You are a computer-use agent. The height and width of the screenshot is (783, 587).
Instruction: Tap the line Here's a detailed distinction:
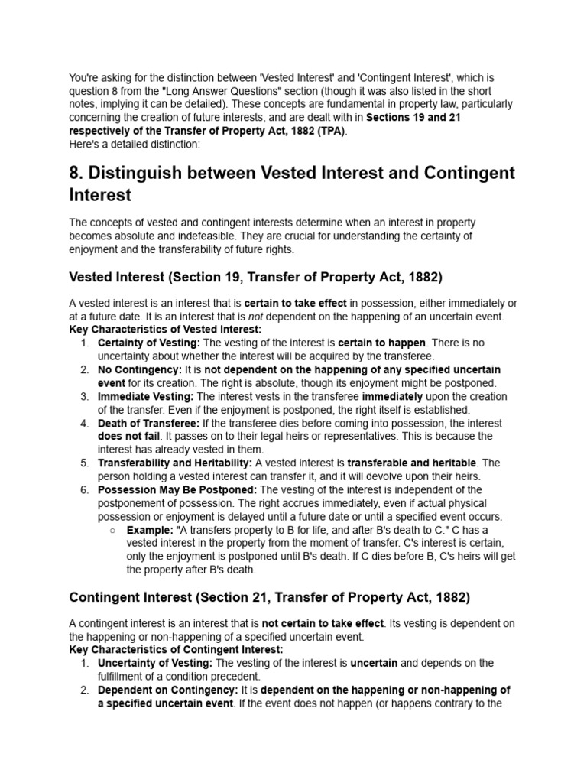(124, 144)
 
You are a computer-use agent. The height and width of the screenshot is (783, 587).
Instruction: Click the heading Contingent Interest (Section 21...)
(269, 596)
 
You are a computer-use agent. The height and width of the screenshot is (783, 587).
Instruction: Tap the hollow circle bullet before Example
(112, 530)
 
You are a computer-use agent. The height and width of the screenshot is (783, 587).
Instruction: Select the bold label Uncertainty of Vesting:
(155, 663)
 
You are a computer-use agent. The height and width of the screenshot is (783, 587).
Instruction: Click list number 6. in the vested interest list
(85, 489)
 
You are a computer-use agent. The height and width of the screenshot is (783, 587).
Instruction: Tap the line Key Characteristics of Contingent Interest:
(176, 649)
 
